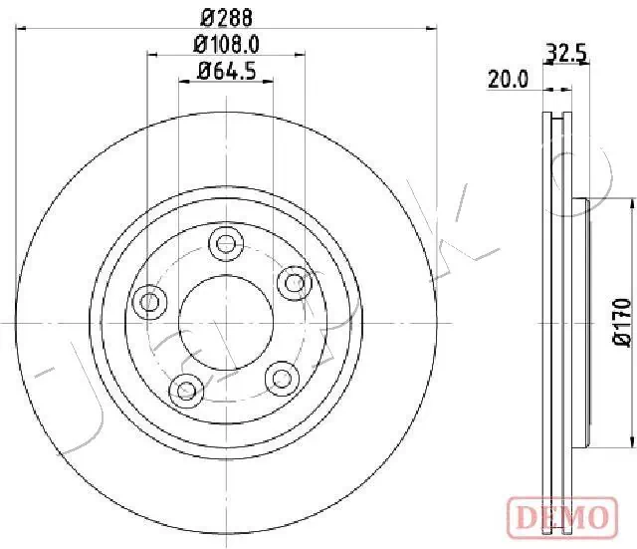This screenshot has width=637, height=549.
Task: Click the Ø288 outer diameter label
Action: [x=226, y=16]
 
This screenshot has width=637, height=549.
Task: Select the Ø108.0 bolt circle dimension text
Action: [x=226, y=43]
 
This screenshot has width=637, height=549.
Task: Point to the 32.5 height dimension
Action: [x=564, y=53]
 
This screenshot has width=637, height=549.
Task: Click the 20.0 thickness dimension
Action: [x=507, y=80]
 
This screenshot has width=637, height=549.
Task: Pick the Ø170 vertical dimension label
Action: [x=621, y=322]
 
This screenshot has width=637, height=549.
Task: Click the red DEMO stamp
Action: [x=564, y=516]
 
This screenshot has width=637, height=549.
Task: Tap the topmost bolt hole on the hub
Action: [x=226, y=242]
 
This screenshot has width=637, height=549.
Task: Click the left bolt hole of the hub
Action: [x=150, y=301]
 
